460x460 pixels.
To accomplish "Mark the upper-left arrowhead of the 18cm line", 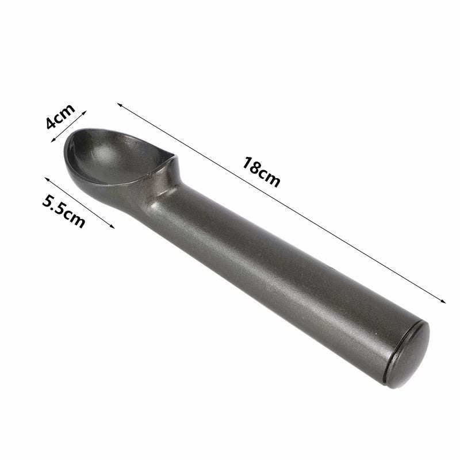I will point(119,105).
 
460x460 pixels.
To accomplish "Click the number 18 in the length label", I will point(252,165).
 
